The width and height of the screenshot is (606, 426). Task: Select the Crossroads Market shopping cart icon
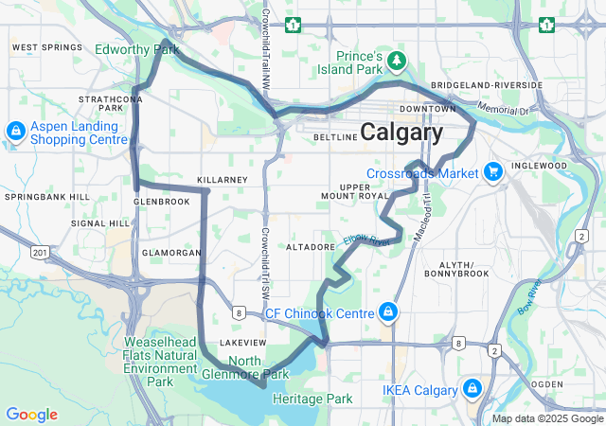click(492, 172)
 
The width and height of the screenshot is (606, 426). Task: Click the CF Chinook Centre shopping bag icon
click(387, 312)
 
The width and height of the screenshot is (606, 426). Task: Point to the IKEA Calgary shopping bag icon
click(472, 389)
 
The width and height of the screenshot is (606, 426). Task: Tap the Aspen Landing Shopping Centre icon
click(16, 131)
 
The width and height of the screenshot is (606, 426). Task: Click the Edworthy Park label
click(137, 48)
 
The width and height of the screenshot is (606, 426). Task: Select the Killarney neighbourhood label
click(222, 179)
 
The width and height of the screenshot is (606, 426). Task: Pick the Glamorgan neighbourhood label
click(171, 253)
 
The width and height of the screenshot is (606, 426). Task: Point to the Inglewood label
click(541, 165)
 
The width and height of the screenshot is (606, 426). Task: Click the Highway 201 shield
click(39, 252)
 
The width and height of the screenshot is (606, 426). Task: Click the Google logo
click(31, 415)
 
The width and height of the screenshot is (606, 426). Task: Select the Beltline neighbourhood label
click(335, 136)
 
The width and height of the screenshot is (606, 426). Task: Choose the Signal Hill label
click(100, 223)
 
